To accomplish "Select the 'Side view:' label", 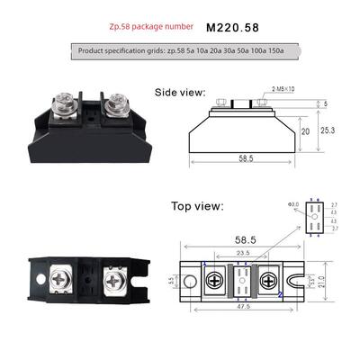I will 180,92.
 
